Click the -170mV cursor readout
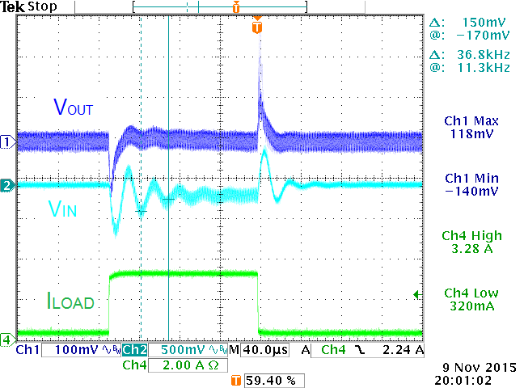(484, 36)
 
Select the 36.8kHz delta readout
(484, 55)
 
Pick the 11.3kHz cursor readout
(484, 68)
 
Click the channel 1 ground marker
(7, 141)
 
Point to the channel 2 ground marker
(7, 185)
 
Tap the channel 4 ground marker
(7, 338)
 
